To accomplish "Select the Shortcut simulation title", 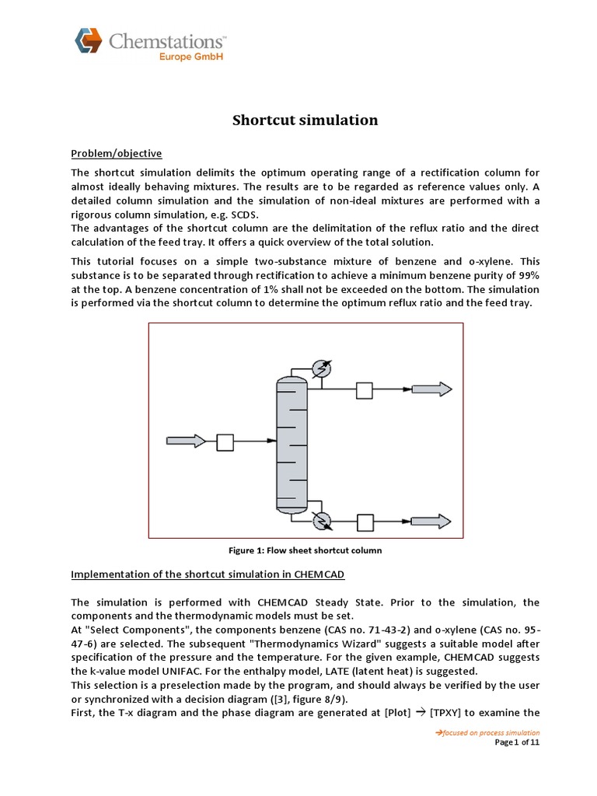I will click(x=305, y=120).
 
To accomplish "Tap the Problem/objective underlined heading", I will click(x=117, y=153).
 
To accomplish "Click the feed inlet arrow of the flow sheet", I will click(x=183, y=441).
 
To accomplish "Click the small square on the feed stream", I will click(x=225, y=442).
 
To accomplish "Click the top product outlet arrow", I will click(x=431, y=389).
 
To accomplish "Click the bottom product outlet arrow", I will click(x=431, y=520).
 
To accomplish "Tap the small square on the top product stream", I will click(x=365, y=389).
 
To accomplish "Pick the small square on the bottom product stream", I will click(x=365, y=521).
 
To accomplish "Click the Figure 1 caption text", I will click(x=305, y=550).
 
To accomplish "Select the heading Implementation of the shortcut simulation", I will click(x=208, y=574).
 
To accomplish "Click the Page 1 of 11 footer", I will click(x=517, y=742).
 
